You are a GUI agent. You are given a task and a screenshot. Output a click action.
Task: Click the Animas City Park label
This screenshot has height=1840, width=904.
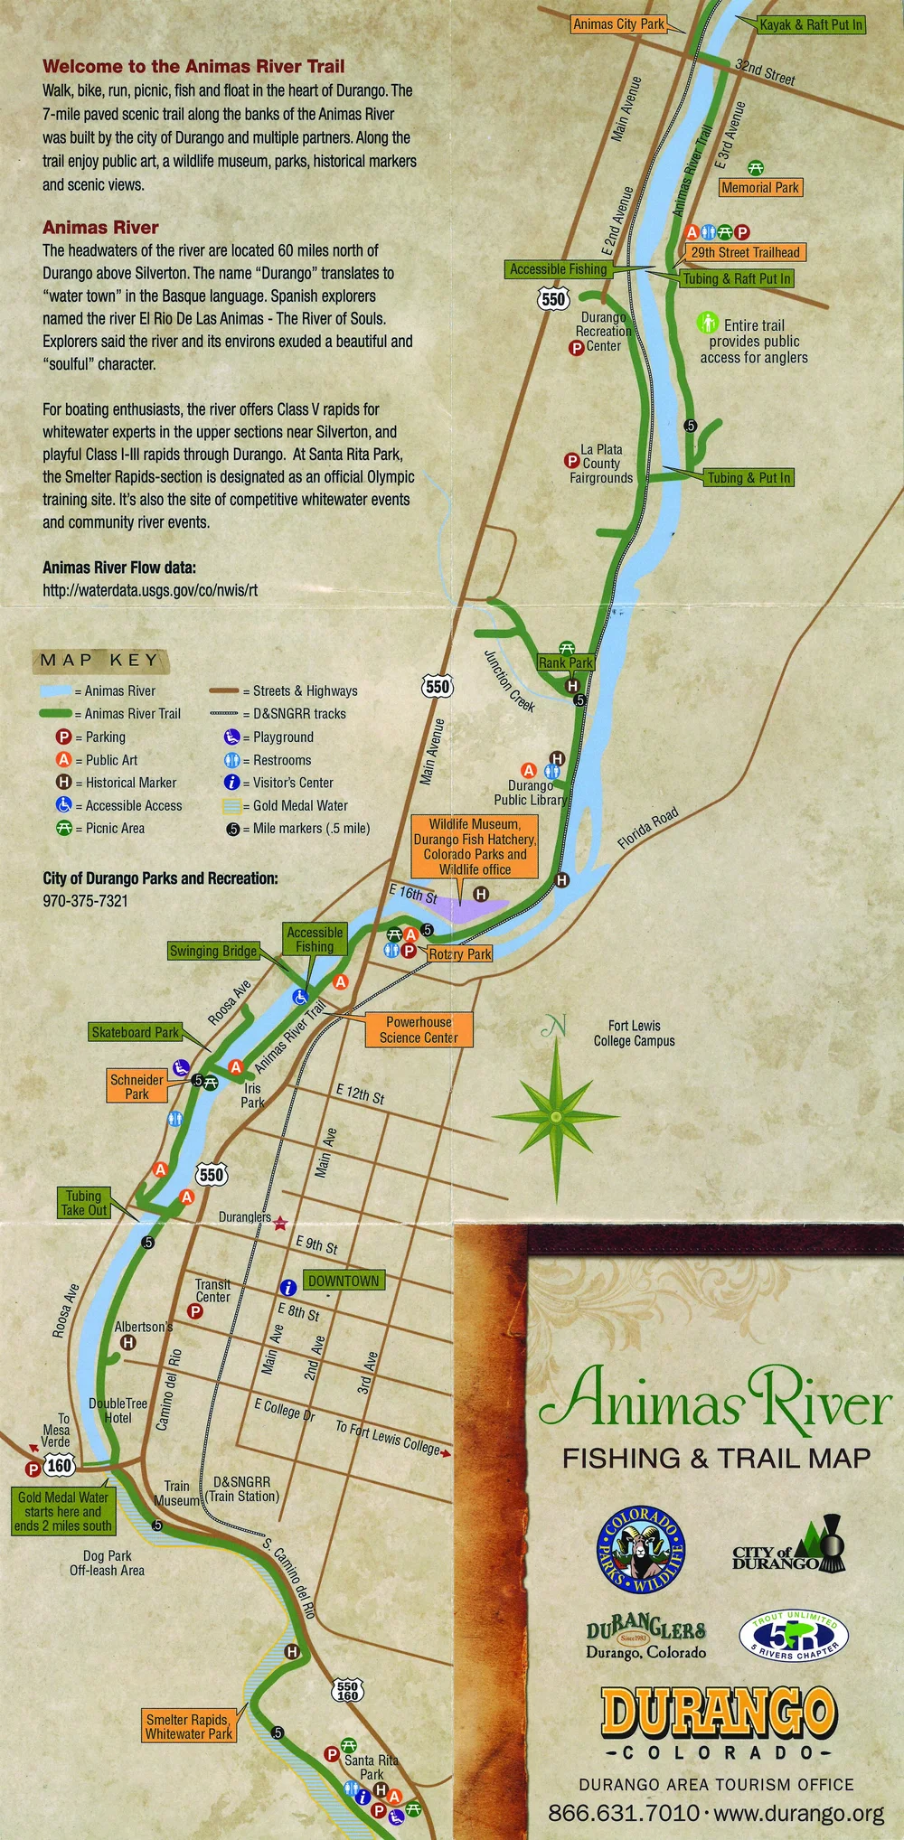pyautogui.click(x=619, y=24)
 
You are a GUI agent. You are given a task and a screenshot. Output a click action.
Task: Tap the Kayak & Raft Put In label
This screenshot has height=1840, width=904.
pyautogui.click(x=811, y=24)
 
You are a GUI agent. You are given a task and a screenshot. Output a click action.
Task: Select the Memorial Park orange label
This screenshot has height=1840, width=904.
pyautogui.click(x=760, y=187)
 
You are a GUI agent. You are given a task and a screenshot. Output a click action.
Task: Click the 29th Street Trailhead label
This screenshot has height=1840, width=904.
pyautogui.click(x=746, y=253)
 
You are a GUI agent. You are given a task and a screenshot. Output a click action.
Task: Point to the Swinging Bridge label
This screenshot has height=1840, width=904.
pyautogui.click(x=213, y=951)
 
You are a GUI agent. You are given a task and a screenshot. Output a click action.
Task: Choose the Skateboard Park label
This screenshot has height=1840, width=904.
pyautogui.click(x=136, y=1032)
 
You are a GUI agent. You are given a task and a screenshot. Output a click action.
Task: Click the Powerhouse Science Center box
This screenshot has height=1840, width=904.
pyautogui.click(x=419, y=1029)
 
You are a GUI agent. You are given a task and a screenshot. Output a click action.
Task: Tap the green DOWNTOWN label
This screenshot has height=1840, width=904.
pyautogui.click(x=344, y=1281)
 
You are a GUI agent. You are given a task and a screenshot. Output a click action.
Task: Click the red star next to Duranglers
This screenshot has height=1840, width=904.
pyautogui.click(x=280, y=1223)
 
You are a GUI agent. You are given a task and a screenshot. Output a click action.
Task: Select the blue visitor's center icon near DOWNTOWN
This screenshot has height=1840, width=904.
pyautogui.click(x=288, y=1287)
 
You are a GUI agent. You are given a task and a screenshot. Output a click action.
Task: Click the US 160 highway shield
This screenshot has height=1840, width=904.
pyautogui.click(x=60, y=1464)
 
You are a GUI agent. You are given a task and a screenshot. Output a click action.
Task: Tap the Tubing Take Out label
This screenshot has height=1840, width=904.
pyautogui.click(x=84, y=1203)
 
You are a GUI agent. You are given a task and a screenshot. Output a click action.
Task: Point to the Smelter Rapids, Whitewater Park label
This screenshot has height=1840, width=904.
pyautogui.click(x=189, y=1726)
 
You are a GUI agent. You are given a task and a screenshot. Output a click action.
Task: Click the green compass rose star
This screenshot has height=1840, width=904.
pyautogui.click(x=557, y=1116)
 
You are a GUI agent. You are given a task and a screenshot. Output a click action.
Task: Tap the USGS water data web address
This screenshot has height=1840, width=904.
pyautogui.click(x=150, y=590)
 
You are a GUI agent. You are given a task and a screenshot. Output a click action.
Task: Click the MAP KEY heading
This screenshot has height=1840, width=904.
pyautogui.click(x=99, y=661)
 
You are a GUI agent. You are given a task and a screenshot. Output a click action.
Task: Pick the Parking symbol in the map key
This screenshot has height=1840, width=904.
pyautogui.click(x=63, y=737)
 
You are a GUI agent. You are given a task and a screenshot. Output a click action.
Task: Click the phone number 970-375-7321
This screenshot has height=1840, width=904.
pyautogui.click(x=85, y=901)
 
